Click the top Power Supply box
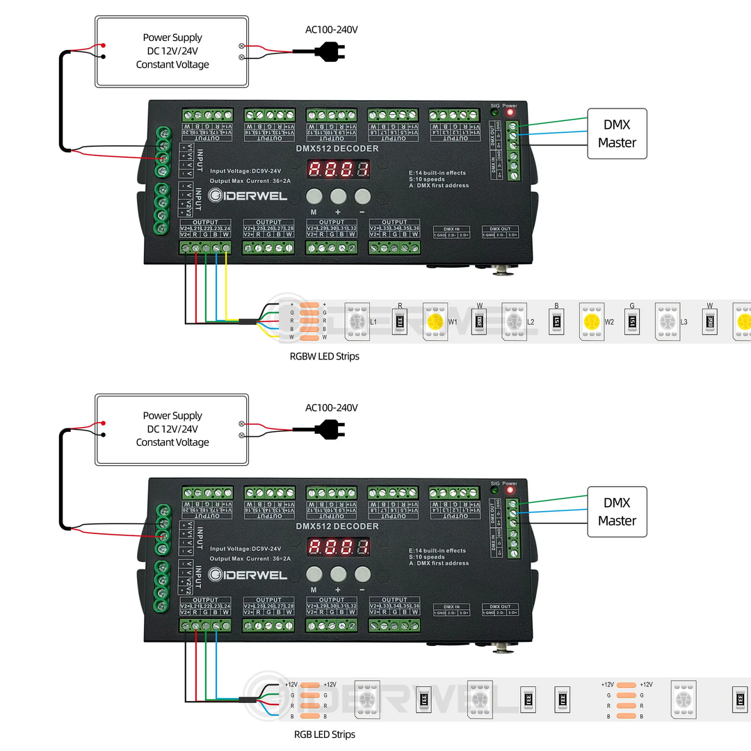[172, 51]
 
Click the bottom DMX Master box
[617, 512]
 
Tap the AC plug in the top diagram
[327, 50]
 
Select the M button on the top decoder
[314, 196]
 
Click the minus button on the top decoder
[362, 196]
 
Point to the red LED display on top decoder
[339, 168]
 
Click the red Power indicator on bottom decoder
[510, 491]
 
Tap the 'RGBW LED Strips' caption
[325, 356]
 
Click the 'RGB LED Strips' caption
[323, 734]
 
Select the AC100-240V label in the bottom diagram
[332, 407]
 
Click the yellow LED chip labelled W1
[435, 321]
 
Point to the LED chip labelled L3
[666, 321]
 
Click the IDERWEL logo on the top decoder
[248, 197]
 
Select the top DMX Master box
[617, 133]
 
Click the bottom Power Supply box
[172, 429]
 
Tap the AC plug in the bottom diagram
[327, 428]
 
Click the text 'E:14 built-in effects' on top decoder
[437, 172]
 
